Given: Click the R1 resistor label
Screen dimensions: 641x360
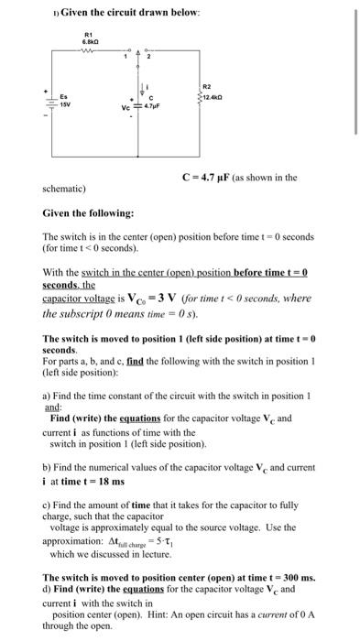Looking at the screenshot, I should (x=90, y=35).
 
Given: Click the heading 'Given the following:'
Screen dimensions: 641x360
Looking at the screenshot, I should (x=88, y=212).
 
